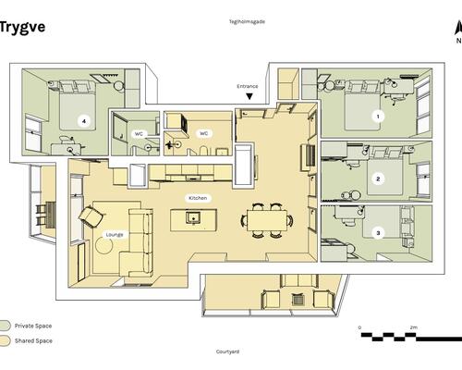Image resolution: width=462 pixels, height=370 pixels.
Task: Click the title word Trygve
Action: click(x=22, y=28)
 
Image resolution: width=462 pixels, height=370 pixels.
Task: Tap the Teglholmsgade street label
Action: click(x=247, y=21)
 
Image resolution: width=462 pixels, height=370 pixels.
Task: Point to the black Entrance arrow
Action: click(x=249, y=96)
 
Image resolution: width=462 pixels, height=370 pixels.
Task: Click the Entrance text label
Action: click(x=248, y=86)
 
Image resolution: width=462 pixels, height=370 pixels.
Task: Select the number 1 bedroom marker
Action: click(x=378, y=117)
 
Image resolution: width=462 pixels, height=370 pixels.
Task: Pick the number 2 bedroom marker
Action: click(x=378, y=179)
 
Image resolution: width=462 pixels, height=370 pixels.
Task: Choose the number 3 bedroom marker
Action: click(x=378, y=233)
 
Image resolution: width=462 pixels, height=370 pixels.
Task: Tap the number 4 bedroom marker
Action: click(x=84, y=121)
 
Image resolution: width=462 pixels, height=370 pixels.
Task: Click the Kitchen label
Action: click(x=198, y=198)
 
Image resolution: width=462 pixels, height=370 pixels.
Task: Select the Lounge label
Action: click(x=115, y=235)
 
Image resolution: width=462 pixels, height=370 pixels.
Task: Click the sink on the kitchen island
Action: click(x=193, y=217)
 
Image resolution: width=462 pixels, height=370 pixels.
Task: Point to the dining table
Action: click(x=267, y=220)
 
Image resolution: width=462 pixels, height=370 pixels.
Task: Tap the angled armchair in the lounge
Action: click(x=91, y=216)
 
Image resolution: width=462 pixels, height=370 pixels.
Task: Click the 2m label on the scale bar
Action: click(x=414, y=327)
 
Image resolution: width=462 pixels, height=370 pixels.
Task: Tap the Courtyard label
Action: click(x=227, y=351)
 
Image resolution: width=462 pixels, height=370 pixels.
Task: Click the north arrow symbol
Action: click(x=458, y=30)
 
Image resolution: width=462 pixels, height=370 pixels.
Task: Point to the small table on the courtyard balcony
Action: click(x=298, y=299)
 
